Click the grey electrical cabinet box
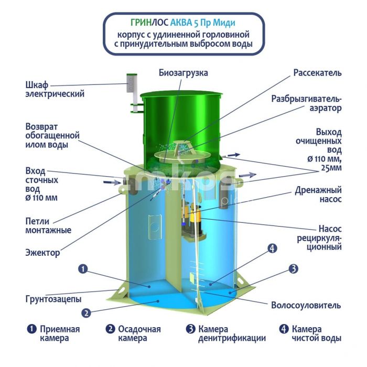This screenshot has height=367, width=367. [131, 83]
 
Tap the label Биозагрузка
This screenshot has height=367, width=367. [183, 73]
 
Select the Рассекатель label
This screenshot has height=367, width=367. [317, 73]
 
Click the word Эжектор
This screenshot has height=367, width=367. [42, 253]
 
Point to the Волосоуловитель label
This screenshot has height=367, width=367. [306, 305]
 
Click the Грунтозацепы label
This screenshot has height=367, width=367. [53, 299]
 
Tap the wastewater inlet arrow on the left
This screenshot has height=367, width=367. [112, 182]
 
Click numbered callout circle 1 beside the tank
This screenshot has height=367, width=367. [83, 269]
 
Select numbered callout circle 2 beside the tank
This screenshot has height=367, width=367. [86, 313]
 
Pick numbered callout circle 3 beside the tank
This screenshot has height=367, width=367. [293, 268]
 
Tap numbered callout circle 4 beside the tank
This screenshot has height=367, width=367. [272, 249]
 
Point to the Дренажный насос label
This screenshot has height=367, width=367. [318, 195]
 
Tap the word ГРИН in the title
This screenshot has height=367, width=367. [141, 23]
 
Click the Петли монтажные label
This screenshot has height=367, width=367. [48, 225]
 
